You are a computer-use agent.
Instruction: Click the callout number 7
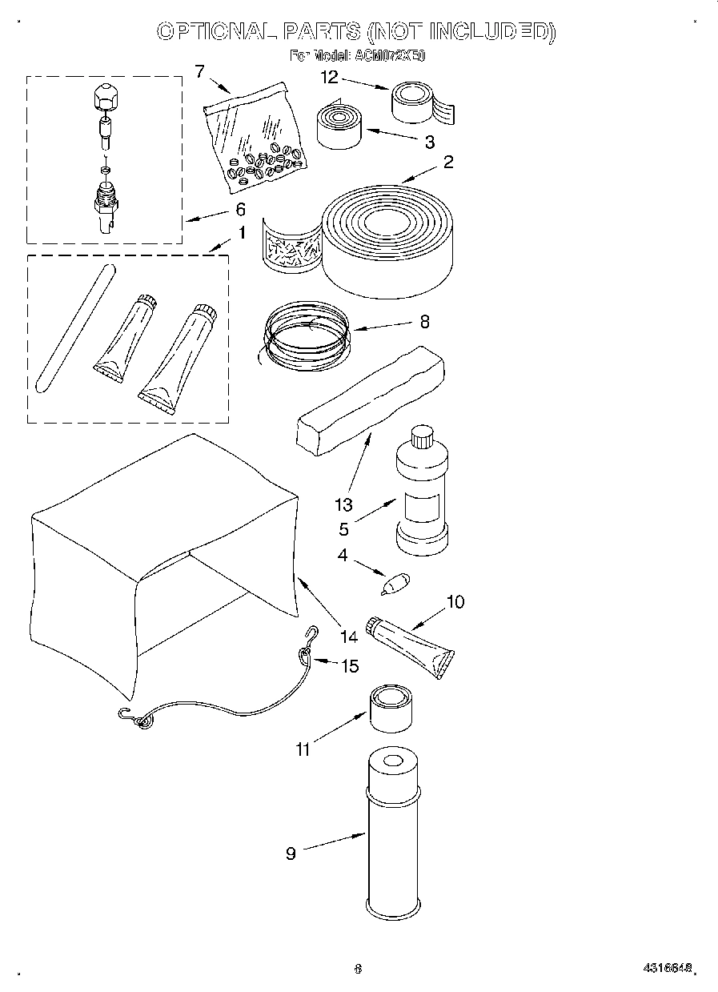200,72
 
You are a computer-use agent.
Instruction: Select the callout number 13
343,505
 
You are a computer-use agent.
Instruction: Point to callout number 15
350,665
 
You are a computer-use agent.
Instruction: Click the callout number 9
291,853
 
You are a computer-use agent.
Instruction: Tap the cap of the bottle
421,437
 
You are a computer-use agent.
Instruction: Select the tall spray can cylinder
393,833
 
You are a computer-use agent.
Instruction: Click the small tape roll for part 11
391,707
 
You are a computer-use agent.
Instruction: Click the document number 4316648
667,968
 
